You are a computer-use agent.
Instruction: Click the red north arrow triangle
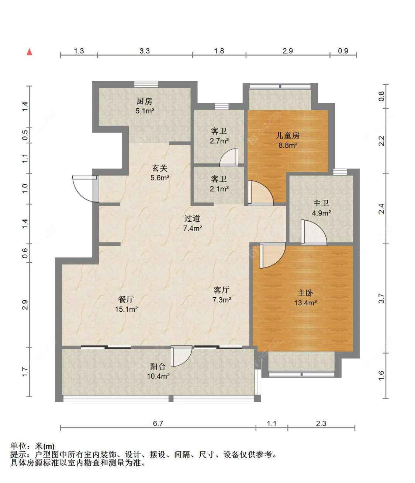(29, 52)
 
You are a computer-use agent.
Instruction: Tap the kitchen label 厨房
(144, 101)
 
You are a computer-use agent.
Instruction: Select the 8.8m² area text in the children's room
(288, 146)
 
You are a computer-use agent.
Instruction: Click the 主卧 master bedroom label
(305, 293)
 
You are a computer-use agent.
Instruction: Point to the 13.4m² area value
(305, 303)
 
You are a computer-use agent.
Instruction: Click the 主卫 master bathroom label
(321, 203)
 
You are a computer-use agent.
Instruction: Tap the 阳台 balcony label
(158, 367)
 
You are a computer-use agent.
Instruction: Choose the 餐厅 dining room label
(126, 299)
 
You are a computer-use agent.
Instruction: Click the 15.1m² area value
(126, 309)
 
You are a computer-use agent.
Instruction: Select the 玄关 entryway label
(160, 168)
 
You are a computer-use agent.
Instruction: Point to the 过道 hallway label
(192, 218)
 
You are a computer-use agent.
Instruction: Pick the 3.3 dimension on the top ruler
(145, 51)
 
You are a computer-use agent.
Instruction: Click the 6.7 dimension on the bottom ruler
(158, 423)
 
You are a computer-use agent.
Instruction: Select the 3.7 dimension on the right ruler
(381, 298)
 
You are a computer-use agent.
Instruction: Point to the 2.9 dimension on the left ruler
(25, 305)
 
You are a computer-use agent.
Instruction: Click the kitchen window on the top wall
(146, 84)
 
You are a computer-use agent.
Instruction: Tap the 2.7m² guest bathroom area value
(219, 141)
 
